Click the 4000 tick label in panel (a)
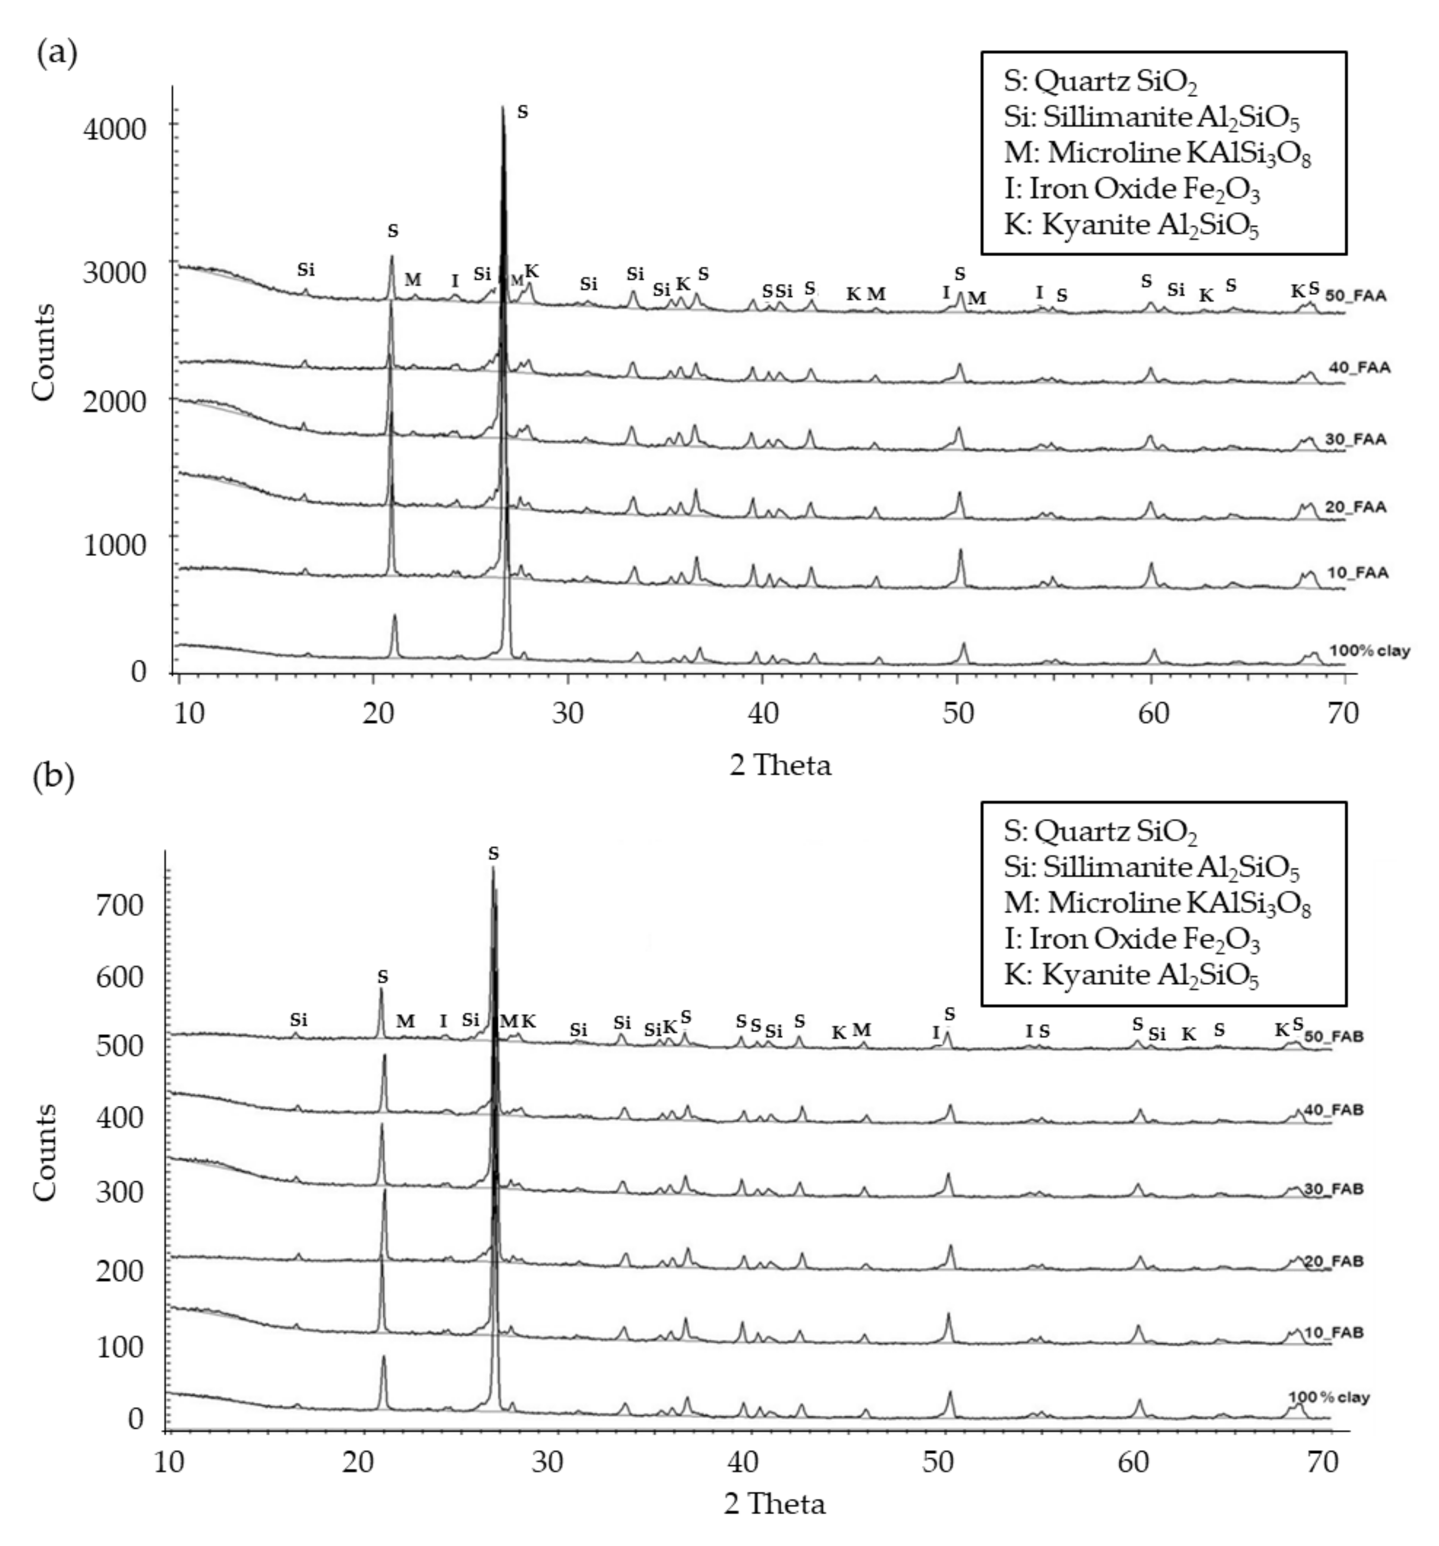coord(114,127)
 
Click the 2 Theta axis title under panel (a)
coord(779,765)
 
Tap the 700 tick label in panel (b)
coord(120,904)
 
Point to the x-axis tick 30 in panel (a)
coord(568,713)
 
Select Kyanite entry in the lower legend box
coord(1130,975)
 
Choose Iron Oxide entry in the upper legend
coord(1132,189)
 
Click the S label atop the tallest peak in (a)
coord(522,112)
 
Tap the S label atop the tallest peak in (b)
coord(493,854)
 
